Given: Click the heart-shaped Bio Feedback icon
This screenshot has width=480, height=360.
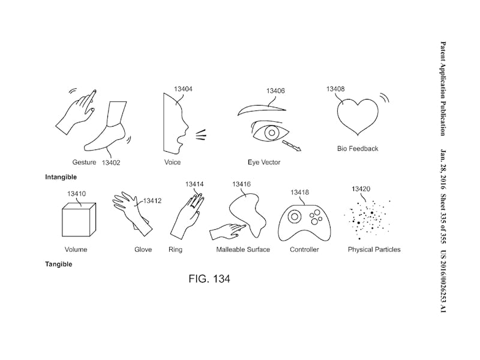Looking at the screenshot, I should (358, 116).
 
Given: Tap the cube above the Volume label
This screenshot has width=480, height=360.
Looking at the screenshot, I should (78, 220).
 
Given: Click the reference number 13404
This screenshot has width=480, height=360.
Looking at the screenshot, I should (183, 89).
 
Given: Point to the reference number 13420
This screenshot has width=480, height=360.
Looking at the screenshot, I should (360, 189).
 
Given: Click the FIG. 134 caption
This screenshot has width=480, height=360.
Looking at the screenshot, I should (209, 279).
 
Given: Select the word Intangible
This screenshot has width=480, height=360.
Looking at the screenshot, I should (61, 177).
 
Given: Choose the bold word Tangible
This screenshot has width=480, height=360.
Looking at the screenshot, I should (58, 264).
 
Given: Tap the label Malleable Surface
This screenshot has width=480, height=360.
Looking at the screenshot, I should (243, 250).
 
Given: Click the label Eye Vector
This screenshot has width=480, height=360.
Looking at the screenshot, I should (264, 163).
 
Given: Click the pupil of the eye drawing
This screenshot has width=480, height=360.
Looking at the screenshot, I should (272, 132).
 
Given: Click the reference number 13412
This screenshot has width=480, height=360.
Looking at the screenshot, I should (152, 202).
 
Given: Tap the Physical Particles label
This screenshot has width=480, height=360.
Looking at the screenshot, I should (374, 250).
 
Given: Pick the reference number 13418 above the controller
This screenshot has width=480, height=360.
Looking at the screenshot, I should (299, 193).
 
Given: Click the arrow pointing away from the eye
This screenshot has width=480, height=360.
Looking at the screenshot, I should (292, 145).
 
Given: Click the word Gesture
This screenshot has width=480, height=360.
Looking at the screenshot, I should (85, 163).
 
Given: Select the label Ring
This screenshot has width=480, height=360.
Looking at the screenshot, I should (176, 250).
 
